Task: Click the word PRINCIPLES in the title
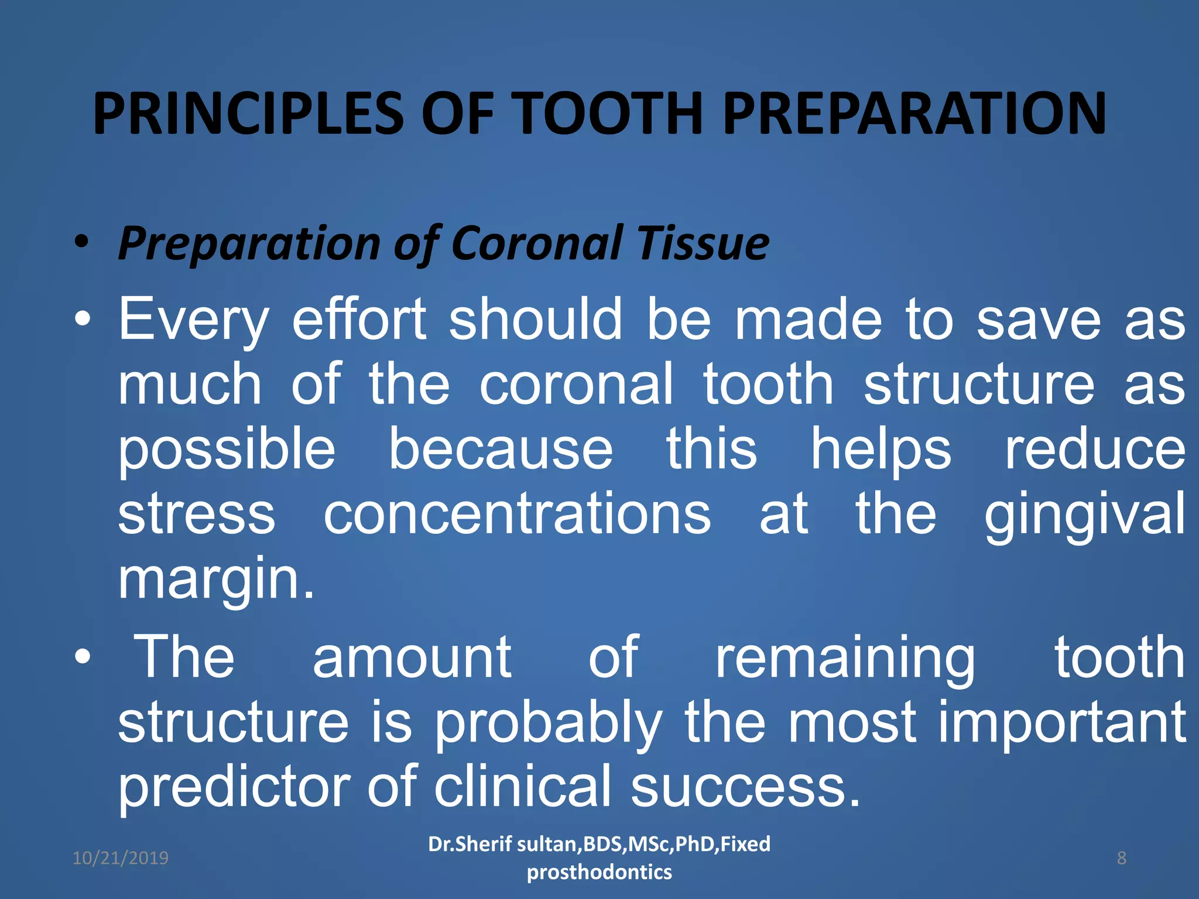pos(248,114)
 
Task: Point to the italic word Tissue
pos(703,243)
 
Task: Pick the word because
pos(501,449)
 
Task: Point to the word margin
pos(217,579)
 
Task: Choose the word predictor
pos(234,788)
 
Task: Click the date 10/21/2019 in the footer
pos(120,858)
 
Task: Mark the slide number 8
pos(1121,858)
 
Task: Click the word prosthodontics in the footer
pos(599,872)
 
